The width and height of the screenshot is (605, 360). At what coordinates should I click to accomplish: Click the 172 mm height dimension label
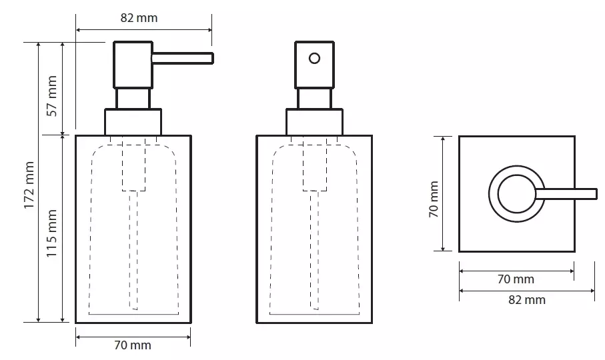(29, 185)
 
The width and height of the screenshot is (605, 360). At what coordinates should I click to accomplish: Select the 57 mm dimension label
(52, 96)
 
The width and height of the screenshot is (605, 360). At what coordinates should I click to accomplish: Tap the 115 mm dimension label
(52, 233)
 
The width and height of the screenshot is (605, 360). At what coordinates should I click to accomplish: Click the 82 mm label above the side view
(139, 18)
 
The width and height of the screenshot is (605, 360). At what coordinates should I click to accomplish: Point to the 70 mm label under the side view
(133, 345)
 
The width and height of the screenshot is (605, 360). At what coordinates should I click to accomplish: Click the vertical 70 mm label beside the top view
(434, 199)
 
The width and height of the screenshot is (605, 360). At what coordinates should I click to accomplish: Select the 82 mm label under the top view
(527, 300)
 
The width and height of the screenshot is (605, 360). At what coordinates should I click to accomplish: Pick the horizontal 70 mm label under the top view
(516, 279)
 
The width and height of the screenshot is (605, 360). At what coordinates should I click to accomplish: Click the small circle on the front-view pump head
(314, 58)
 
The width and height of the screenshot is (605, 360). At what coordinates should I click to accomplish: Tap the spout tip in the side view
(212, 58)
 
